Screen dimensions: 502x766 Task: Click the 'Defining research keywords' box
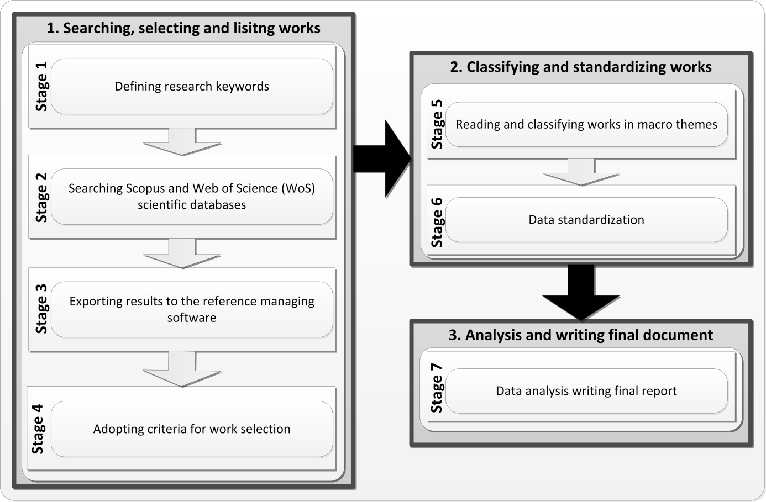pyautogui.click(x=192, y=87)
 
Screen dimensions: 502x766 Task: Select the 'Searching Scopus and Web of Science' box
pyautogui.click(x=192, y=197)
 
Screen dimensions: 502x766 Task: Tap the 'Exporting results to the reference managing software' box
pyautogui.click(x=192, y=309)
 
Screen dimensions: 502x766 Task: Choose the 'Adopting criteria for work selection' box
pyautogui.click(x=192, y=429)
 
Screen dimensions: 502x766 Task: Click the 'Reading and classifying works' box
pyautogui.click(x=586, y=125)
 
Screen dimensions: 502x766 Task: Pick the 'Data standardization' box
pyautogui.click(x=586, y=220)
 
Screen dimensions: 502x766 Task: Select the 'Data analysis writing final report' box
pyautogui.click(x=586, y=391)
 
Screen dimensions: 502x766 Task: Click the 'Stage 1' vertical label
pyautogui.click(x=41, y=87)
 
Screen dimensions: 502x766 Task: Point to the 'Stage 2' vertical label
pyautogui.click(x=41, y=197)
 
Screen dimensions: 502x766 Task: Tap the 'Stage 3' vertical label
pyautogui.click(x=41, y=309)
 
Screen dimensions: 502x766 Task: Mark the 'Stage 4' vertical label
pyautogui.click(x=38, y=429)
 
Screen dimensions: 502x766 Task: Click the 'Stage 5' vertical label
pyautogui.click(x=437, y=124)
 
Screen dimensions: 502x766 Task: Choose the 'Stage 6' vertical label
pyautogui.click(x=437, y=222)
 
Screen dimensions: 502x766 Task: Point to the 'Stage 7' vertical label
pyautogui.click(x=437, y=388)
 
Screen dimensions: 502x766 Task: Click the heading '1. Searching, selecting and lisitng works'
pyautogui.click(x=183, y=28)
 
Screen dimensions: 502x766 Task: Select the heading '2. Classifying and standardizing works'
pyautogui.click(x=581, y=67)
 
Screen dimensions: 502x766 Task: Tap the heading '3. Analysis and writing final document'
pyautogui.click(x=581, y=335)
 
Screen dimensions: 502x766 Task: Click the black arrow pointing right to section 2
pyautogui.click(x=381, y=159)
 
